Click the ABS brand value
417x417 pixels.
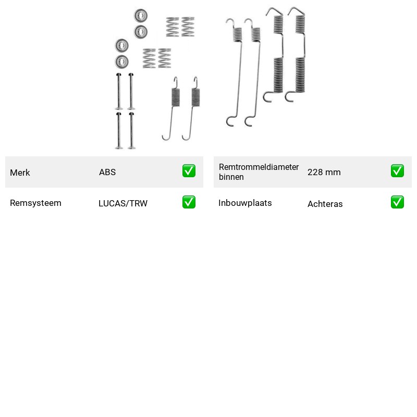click(107, 172)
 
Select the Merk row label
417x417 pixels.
click(20, 173)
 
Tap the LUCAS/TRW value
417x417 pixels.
click(123, 203)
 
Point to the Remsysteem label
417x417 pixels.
click(35, 203)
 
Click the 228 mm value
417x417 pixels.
click(324, 172)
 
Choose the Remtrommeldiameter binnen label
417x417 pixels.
click(259, 172)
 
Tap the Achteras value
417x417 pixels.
click(325, 204)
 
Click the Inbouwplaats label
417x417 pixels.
click(245, 203)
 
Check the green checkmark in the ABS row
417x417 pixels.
click(189, 171)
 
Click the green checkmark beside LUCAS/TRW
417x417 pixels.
click(189, 202)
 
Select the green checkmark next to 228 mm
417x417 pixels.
click(397, 171)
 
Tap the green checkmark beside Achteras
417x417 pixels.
click(397, 202)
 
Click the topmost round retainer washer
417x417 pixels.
click(140, 16)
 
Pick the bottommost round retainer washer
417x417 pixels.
click(122, 62)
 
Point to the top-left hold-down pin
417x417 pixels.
click(119, 91)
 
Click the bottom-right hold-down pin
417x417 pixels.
click(131, 130)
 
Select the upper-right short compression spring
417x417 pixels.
click(188, 27)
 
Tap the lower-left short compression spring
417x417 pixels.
click(149, 58)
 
